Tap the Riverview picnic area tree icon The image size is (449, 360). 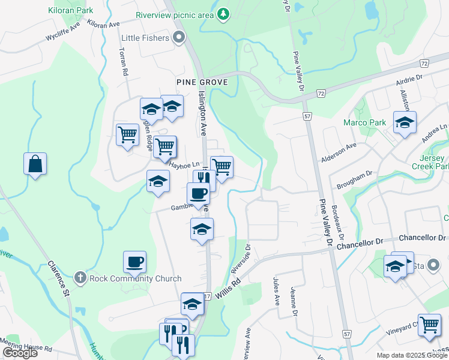[223, 13]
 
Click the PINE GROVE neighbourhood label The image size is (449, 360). [202, 82]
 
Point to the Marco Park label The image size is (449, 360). [364, 122]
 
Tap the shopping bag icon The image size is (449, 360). [35, 164]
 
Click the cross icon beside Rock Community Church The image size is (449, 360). [80, 278]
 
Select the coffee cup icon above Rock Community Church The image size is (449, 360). [134, 262]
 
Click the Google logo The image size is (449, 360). [20, 353]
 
